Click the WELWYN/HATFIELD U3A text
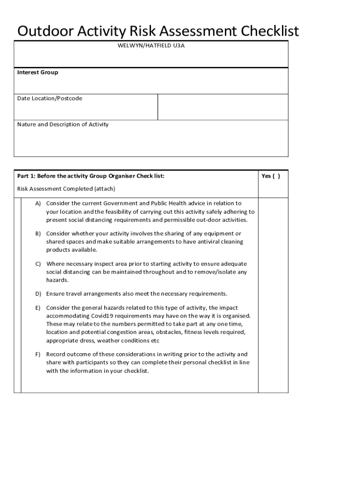click(x=151, y=46)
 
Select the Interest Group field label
click(x=38, y=73)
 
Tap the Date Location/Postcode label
click(x=50, y=98)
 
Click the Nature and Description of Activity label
click(x=63, y=124)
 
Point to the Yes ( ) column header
click(x=271, y=176)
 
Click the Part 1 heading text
click(x=91, y=176)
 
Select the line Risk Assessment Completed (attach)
click(x=66, y=189)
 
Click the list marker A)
click(x=38, y=203)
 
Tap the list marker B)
click(x=38, y=233)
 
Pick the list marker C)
click(x=38, y=264)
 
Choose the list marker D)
click(x=38, y=294)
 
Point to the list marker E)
click(x=38, y=308)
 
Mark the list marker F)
click(x=38, y=354)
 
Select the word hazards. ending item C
click(x=57, y=280)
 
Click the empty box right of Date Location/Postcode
click(x=223, y=107)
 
